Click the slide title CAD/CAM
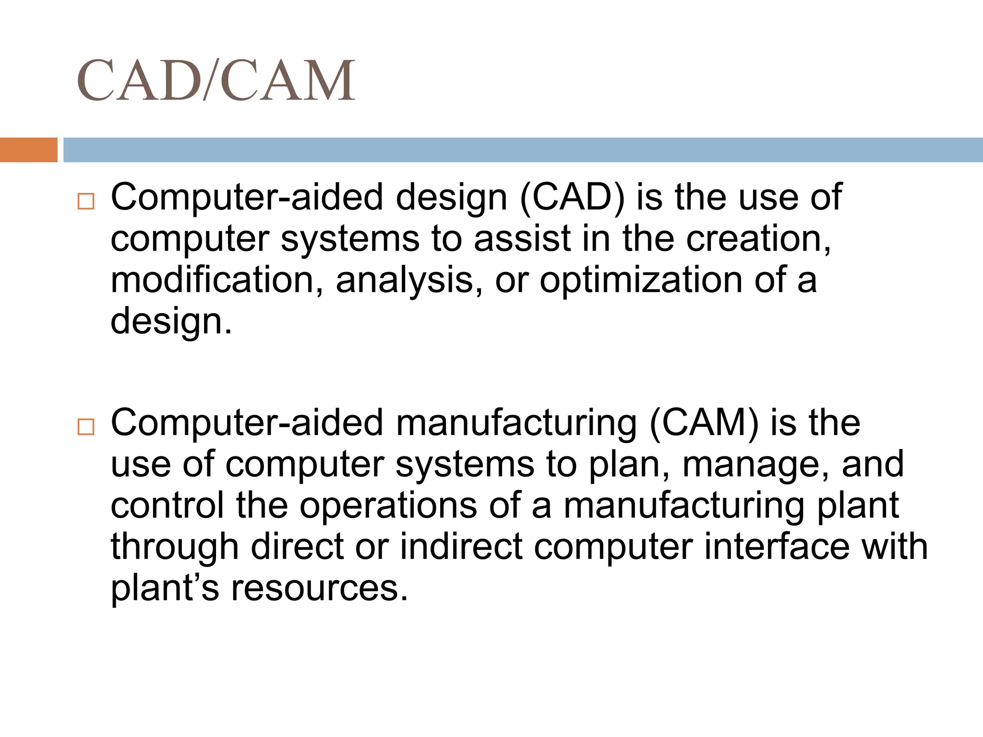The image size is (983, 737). pos(216,80)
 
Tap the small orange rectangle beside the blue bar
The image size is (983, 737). pos(28,150)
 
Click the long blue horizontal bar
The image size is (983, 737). pos(523,150)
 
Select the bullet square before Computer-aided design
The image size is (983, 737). pos(86,202)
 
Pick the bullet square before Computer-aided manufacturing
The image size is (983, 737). pos(86,427)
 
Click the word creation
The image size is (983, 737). pos(758,239)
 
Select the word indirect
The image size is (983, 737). pos(461,547)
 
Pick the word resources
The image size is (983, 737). pos(319,588)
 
